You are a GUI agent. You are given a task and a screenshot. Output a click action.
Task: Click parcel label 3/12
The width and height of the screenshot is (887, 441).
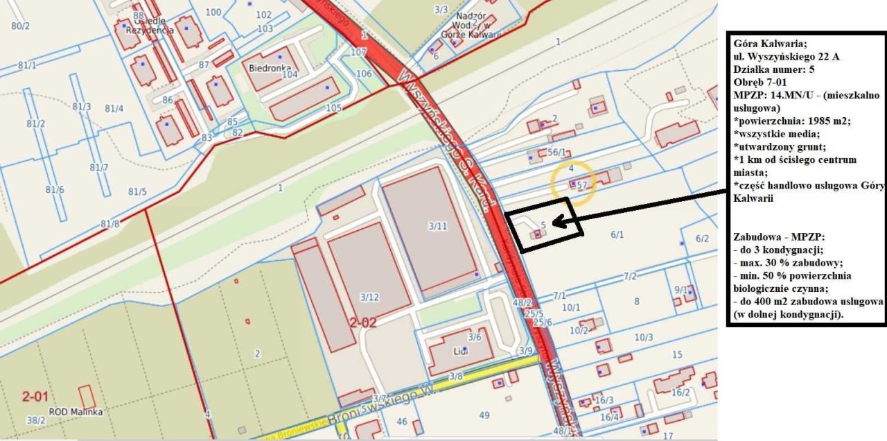tap(369, 297)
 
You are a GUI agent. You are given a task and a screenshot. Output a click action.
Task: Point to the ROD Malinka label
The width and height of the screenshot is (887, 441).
tap(76, 412)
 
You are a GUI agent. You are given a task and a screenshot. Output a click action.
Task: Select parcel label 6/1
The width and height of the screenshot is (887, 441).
tap(617, 235)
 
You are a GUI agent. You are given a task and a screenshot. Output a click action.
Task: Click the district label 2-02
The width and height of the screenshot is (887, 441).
tap(362, 322)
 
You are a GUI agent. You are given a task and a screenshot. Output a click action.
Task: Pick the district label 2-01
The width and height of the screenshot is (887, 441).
tap(35, 397)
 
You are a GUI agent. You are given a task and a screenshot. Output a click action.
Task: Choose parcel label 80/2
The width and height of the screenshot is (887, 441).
tap(21, 26)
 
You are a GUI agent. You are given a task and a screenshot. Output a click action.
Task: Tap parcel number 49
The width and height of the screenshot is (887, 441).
tap(484, 415)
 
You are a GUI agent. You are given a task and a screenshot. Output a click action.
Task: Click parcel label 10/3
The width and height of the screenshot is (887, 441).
tap(644, 337)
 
